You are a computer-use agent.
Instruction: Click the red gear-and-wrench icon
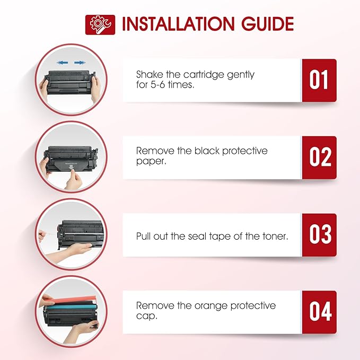(100, 24)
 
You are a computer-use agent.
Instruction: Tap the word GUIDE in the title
(265, 24)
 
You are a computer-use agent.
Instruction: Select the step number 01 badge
(319, 80)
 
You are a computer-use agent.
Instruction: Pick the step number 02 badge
(319, 157)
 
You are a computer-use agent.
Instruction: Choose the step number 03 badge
(319, 235)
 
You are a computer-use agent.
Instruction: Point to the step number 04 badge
(319, 312)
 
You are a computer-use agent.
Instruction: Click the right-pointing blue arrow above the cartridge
(80, 63)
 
